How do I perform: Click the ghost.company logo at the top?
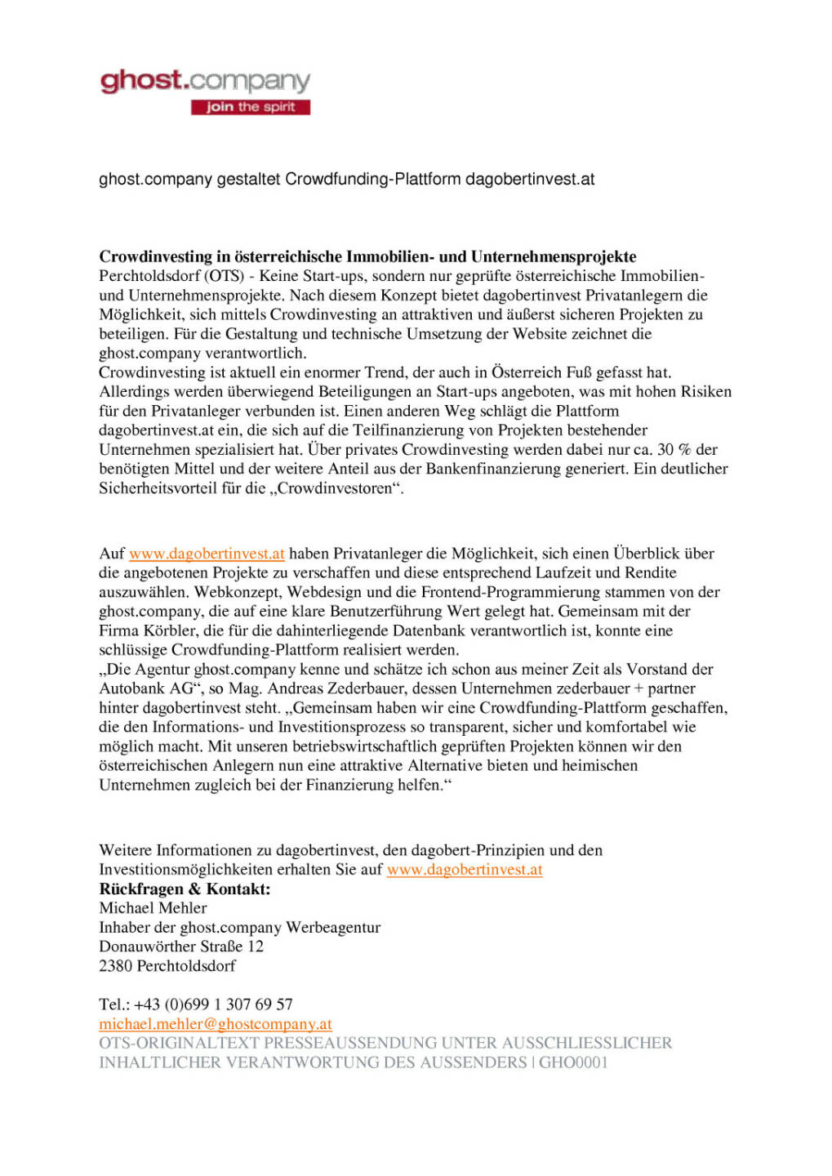point(205,82)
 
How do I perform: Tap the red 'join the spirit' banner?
point(250,107)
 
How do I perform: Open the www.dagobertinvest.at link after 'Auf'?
point(207,554)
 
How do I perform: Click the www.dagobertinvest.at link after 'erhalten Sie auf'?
point(465,870)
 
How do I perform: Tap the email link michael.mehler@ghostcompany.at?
point(216,1024)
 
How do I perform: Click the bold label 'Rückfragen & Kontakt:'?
point(185,889)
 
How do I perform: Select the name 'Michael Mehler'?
point(153,908)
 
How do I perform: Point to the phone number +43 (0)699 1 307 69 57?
point(213,1004)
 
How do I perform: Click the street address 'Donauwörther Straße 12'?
point(181,947)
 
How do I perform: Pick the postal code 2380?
point(115,966)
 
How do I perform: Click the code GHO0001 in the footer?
point(573,1062)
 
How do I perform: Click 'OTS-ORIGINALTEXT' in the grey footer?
point(179,1044)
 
